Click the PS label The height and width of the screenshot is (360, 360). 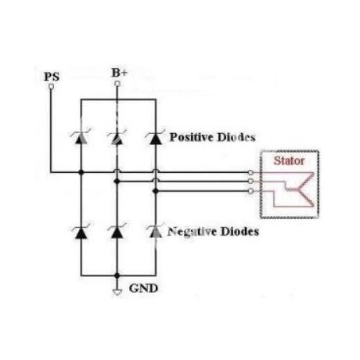point(52,77)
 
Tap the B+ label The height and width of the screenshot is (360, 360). point(120,73)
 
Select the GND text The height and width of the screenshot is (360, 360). point(143,289)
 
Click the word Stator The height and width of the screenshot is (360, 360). point(289,160)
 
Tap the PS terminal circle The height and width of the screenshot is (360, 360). point(52,86)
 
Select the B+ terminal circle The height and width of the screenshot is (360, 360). point(117,84)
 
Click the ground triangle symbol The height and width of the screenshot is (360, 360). point(117,293)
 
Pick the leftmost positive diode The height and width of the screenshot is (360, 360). point(81,139)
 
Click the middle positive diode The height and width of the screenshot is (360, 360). point(117,139)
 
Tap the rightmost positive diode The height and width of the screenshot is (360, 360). point(156,139)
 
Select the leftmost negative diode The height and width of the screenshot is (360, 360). point(81,232)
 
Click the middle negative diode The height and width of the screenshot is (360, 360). point(117,232)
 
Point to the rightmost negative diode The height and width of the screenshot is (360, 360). point(156,232)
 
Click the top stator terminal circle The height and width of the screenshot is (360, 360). point(250,172)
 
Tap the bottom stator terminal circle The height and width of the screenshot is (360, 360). point(250,192)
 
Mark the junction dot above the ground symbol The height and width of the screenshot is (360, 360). point(117,275)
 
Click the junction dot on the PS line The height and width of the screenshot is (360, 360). point(81,172)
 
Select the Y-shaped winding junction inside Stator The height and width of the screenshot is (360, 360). point(297,189)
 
